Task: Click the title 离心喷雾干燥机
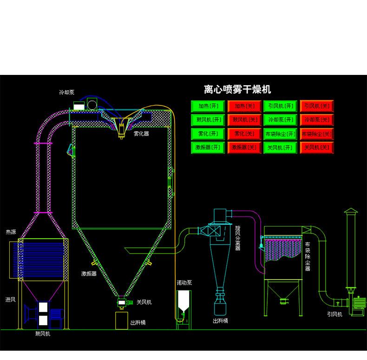pyautogui.click(x=237, y=89)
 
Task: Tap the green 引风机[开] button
pyautogui.click(x=280, y=106)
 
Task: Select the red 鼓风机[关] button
pyautogui.click(x=244, y=120)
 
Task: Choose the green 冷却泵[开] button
pyautogui.click(x=280, y=120)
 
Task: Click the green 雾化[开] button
pyautogui.click(x=208, y=134)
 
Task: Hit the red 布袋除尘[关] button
pyautogui.click(x=316, y=134)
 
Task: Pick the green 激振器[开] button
pyautogui.click(x=208, y=147)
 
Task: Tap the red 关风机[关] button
pyautogui.click(x=316, y=147)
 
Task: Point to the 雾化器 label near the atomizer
pyautogui.click(x=141, y=133)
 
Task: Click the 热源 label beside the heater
pyautogui.click(x=11, y=231)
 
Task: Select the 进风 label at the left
pyautogui.click(x=10, y=299)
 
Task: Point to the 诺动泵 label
pyautogui.click(x=184, y=282)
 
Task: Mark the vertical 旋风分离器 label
pyautogui.click(x=237, y=238)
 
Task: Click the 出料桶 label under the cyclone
pyautogui.click(x=220, y=321)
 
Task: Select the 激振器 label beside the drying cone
pyautogui.click(x=89, y=274)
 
